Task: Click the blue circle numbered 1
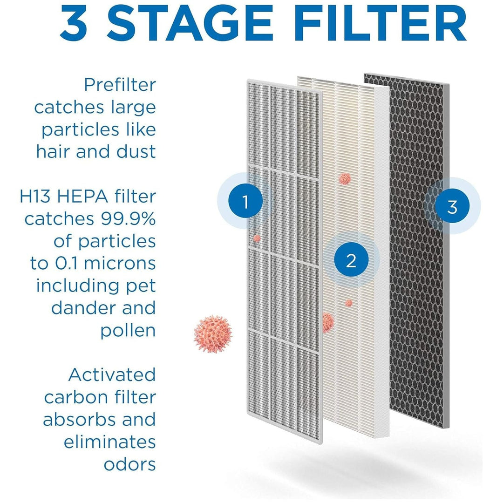(245, 201)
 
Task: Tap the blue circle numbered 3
(452, 206)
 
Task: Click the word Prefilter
(120, 85)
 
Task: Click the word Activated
(112, 374)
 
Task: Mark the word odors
(130, 464)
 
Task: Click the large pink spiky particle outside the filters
(213, 334)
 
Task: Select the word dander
(83, 308)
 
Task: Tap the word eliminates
(110, 442)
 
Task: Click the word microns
(120, 263)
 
